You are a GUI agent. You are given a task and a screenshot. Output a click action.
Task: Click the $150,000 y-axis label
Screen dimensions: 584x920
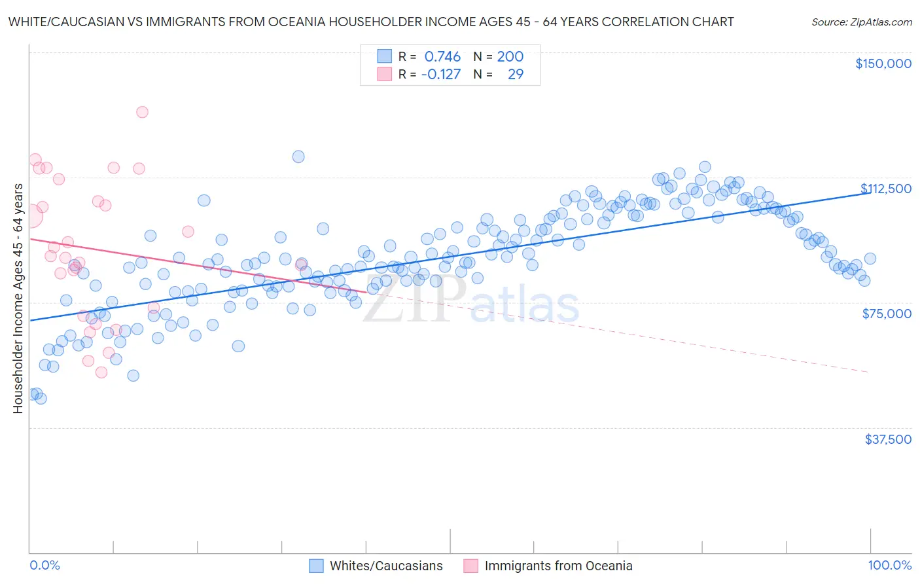click(x=883, y=64)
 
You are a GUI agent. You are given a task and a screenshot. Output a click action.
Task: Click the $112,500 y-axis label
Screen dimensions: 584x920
click(x=885, y=189)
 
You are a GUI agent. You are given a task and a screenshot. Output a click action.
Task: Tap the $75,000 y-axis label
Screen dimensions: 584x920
click(x=887, y=314)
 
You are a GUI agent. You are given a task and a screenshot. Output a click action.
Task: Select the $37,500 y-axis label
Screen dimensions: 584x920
click(x=888, y=439)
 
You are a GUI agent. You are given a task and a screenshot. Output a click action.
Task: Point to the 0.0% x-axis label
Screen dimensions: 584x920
click(x=44, y=566)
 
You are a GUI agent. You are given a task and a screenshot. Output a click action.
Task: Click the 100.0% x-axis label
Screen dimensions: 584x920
click(x=889, y=566)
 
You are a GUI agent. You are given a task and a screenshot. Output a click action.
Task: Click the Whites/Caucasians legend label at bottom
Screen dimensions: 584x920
click(x=386, y=566)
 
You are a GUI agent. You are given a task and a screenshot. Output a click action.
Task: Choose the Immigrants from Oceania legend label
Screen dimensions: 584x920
click(x=558, y=566)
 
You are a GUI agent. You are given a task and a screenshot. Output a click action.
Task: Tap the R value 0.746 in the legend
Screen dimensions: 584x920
click(x=442, y=57)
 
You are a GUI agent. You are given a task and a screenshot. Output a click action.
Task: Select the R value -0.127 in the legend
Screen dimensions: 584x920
click(x=440, y=75)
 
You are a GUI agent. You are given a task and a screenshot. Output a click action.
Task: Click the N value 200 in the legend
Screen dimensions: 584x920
click(x=510, y=57)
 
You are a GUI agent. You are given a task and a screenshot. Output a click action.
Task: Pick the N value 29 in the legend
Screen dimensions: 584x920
click(x=516, y=75)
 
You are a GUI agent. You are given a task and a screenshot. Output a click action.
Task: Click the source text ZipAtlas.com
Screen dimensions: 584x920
click(x=861, y=22)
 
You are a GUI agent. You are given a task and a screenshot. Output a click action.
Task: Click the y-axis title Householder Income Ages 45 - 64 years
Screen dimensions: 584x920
click(x=18, y=299)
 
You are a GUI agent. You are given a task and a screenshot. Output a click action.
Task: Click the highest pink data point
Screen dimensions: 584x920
click(x=142, y=112)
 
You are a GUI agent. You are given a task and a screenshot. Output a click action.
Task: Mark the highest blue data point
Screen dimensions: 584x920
click(x=298, y=156)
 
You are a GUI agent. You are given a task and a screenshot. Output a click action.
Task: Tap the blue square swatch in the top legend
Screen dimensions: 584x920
click(x=384, y=57)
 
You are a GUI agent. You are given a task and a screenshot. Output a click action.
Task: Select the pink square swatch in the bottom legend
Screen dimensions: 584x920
click(x=470, y=566)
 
